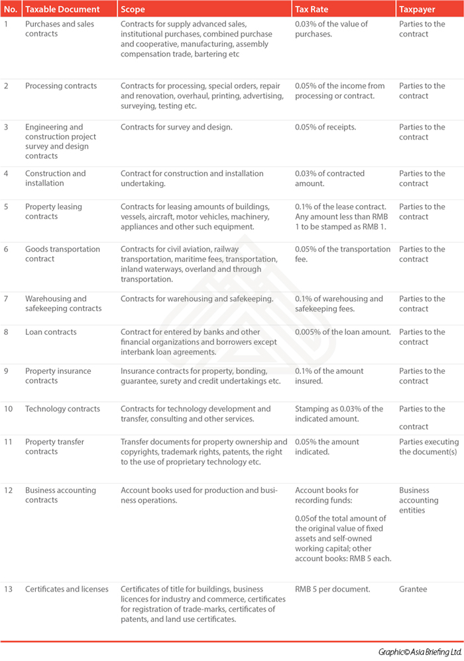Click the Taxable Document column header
pyautogui.click(x=62, y=10)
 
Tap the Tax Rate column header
pyautogui.click(x=313, y=10)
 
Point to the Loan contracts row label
pyautogui.click(x=51, y=332)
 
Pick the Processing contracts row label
pyautogui.click(x=61, y=86)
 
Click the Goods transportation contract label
pyautogui.click(x=62, y=254)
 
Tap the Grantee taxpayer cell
pyautogui.click(x=412, y=589)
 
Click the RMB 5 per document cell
pyautogui.click(x=333, y=589)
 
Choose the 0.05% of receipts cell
pyautogui.click(x=325, y=127)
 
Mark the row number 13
pyautogui.click(x=7, y=589)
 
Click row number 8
pyautogui.click(x=6, y=332)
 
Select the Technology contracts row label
pyautogui.click(x=62, y=409)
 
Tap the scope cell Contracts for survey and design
pyautogui.click(x=176, y=127)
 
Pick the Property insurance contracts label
pyautogui.click(x=58, y=376)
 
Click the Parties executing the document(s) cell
pyautogui.click(x=428, y=447)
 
